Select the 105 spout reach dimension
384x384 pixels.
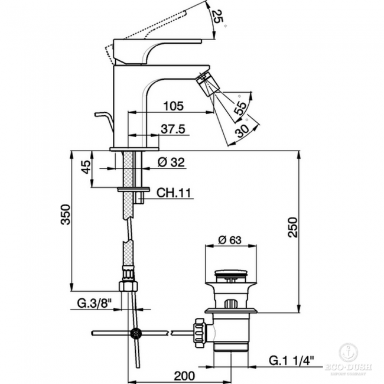tap(172, 106)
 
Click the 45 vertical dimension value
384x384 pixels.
tap(86, 168)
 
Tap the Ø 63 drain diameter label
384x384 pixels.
tap(230, 239)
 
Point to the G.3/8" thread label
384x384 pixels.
tap(94, 304)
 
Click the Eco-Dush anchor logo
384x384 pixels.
tap(348, 353)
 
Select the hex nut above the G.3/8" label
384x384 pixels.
tap(128, 286)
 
